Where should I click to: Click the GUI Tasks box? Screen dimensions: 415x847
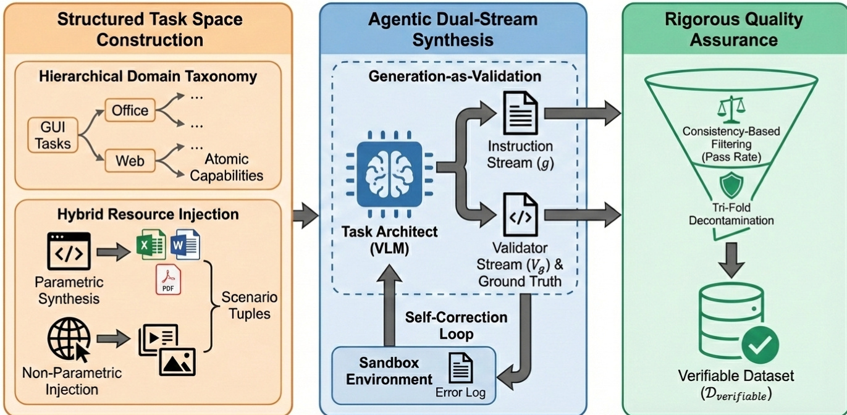coord(53,136)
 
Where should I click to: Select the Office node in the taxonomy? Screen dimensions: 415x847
coord(130,111)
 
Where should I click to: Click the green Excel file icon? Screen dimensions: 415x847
coord(151,245)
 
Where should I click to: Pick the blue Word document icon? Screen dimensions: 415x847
coord(185,245)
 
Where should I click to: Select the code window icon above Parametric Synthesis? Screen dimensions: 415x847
coord(69,251)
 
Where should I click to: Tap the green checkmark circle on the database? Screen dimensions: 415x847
coord(760,346)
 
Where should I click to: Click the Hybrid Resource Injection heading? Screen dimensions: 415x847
coord(148,214)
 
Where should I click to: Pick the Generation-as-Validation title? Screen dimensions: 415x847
coord(455,77)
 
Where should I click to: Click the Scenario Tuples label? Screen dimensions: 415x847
coord(250,305)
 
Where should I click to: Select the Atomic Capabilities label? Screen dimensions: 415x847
coord(226,167)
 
